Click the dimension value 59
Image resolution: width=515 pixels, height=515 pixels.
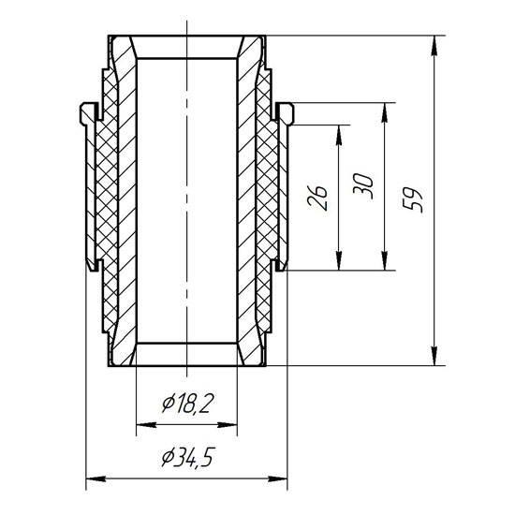(x=413, y=200)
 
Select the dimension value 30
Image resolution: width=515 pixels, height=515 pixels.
(x=363, y=186)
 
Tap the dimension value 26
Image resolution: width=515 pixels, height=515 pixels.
(x=316, y=198)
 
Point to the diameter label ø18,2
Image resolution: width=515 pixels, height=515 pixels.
(x=188, y=404)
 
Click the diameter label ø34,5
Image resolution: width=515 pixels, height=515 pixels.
(x=188, y=458)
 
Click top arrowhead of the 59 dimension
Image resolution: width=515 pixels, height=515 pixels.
(x=434, y=45)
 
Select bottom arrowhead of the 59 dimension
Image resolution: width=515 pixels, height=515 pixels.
(x=434, y=356)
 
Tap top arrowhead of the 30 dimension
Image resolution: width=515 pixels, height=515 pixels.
(x=385, y=112)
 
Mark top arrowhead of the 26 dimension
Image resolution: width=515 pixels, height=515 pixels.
(x=339, y=135)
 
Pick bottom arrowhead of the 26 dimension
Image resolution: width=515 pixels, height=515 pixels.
(x=339, y=260)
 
